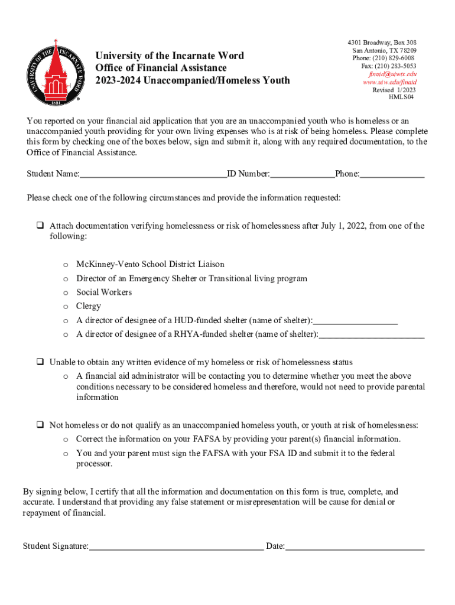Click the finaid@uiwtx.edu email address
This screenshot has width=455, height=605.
click(392, 74)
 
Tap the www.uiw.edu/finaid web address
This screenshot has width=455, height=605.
click(390, 83)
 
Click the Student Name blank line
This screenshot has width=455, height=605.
click(153, 175)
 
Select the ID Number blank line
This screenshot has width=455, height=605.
click(303, 175)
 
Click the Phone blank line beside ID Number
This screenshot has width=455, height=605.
click(392, 175)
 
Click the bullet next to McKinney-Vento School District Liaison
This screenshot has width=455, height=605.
click(66, 265)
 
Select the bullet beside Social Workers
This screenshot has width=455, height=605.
click(66, 292)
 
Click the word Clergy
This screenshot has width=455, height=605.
click(89, 306)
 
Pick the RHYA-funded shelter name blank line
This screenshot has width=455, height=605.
click(372, 336)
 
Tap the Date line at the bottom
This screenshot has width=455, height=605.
click(355, 547)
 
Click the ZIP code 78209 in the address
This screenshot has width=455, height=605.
click(406, 51)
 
